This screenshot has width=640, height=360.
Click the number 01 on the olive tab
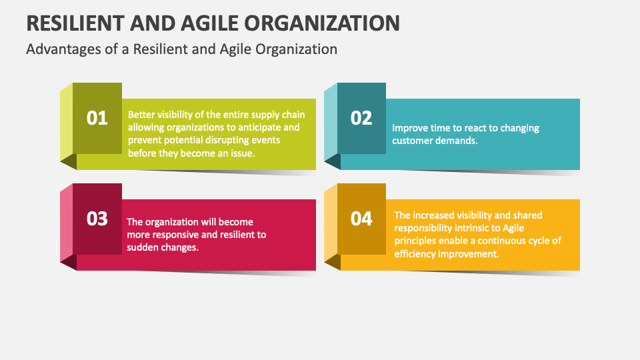[x=97, y=118]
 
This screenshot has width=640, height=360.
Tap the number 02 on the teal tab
[x=361, y=118]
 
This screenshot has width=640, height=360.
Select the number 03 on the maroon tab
[x=97, y=219]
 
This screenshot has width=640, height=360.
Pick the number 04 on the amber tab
[x=361, y=219]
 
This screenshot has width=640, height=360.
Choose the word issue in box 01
[x=243, y=153]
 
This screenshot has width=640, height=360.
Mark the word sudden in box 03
[x=143, y=247]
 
